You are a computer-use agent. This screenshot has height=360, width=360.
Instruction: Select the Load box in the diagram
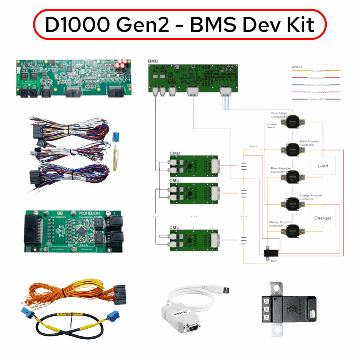[x=322, y=166]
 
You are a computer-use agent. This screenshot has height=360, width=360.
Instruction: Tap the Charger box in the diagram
[x=322, y=218]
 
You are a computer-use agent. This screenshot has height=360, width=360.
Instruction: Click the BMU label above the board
[x=153, y=61]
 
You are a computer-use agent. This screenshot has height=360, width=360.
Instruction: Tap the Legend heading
[x=297, y=66]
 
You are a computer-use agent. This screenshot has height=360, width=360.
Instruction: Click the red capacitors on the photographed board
[x=121, y=64]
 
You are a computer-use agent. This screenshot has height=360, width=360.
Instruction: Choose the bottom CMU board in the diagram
[x=194, y=240]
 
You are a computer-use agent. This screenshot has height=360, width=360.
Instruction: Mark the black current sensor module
[x=288, y=309]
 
